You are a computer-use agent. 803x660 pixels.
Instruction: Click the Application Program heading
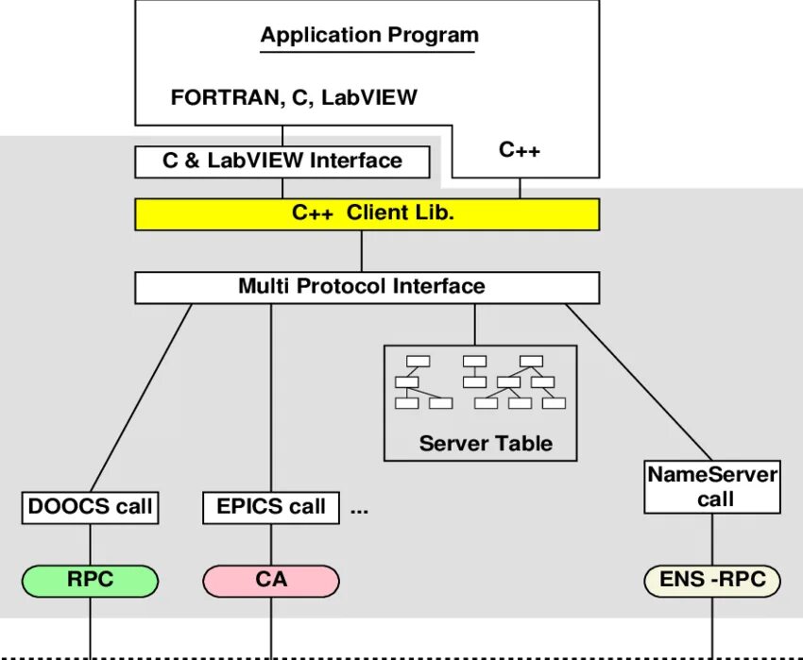point(369,35)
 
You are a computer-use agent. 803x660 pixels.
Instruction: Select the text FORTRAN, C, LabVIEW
point(294,97)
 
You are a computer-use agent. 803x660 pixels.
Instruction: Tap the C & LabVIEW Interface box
point(282,161)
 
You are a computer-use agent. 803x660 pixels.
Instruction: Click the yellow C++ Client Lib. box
point(367,214)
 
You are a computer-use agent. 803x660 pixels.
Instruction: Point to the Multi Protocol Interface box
point(367,287)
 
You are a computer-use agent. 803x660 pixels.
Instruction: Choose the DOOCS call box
point(90,507)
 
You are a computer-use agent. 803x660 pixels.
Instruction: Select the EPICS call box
point(271,507)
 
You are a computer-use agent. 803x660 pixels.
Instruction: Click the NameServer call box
point(712,487)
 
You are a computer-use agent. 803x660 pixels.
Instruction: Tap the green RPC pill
point(90,581)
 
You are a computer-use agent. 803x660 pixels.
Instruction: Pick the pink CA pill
point(271,581)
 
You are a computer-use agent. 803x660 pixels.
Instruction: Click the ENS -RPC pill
point(712,581)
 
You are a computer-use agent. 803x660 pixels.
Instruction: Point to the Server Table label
point(486,444)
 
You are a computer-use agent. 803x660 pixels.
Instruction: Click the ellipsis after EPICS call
point(360,511)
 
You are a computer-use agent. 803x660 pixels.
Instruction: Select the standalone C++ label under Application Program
point(520,150)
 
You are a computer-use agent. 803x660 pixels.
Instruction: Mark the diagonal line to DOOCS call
point(142,398)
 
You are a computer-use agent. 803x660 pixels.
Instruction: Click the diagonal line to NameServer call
point(639,382)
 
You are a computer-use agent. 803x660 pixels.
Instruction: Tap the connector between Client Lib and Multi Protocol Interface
point(362,251)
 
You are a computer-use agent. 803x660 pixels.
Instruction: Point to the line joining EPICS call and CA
point(271,544)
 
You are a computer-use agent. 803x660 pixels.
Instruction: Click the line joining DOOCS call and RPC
point(90,544)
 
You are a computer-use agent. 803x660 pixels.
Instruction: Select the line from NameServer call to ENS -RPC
point(712,539)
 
